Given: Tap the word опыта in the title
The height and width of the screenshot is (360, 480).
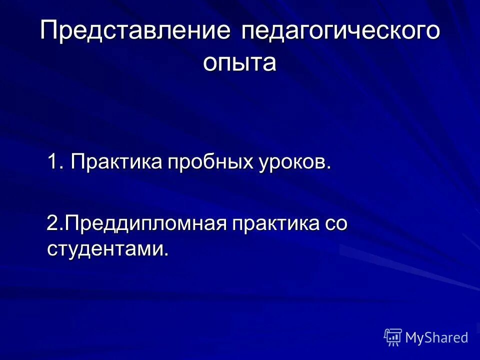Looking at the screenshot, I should pyautogui.click(x=239, y=63).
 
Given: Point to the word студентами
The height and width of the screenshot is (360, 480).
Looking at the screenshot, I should pyautogui.click(x=105, y=249).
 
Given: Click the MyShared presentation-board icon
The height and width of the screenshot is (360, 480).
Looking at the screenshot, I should pyautogui.click(x=393, y=337).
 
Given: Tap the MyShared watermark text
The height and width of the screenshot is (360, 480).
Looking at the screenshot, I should pyautogui.click(x=436, y=337).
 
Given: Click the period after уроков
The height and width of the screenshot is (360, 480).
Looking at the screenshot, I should pyautogui.click(x=329, y=167).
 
